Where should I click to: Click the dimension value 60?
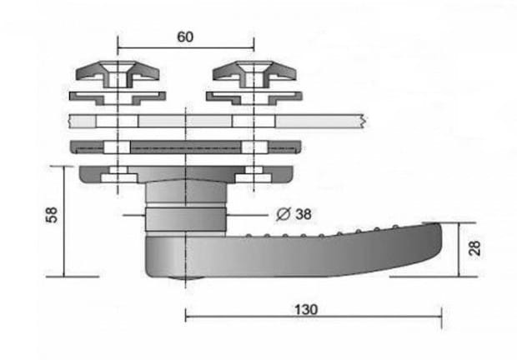click(185, 37)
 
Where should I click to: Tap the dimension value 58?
click(52, 215)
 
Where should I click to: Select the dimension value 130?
click(306, 310)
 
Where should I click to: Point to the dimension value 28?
click(474, 248)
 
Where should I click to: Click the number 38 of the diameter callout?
click(304, 214)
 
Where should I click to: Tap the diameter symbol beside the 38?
click(284, 214)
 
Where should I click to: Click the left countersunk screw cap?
click(118, 74)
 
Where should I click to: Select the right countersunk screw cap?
click(254, 74)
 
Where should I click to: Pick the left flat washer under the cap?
click(118, 98)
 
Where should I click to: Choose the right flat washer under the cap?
click(254, 98)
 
